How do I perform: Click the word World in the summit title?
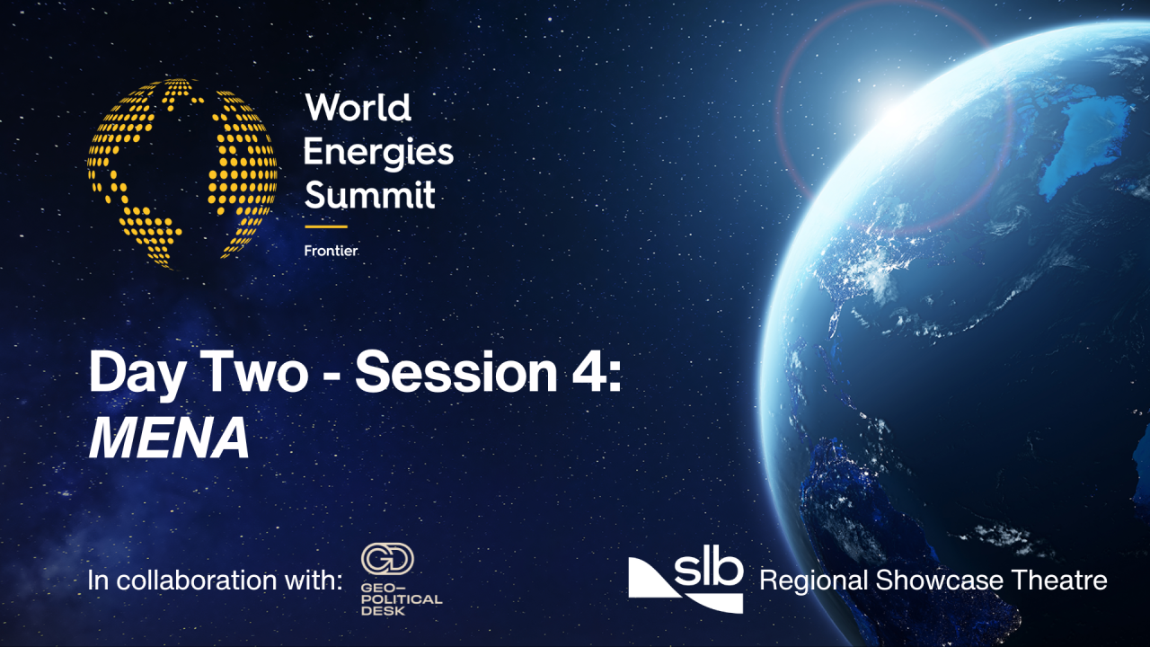pos(358,109)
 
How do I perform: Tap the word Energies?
pos(378,152)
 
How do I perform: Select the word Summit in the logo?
pos(369,194)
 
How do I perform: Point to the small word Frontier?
pos(331,251)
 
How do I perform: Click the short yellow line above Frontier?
pos(325,226)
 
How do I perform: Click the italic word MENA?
pos(169,439)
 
